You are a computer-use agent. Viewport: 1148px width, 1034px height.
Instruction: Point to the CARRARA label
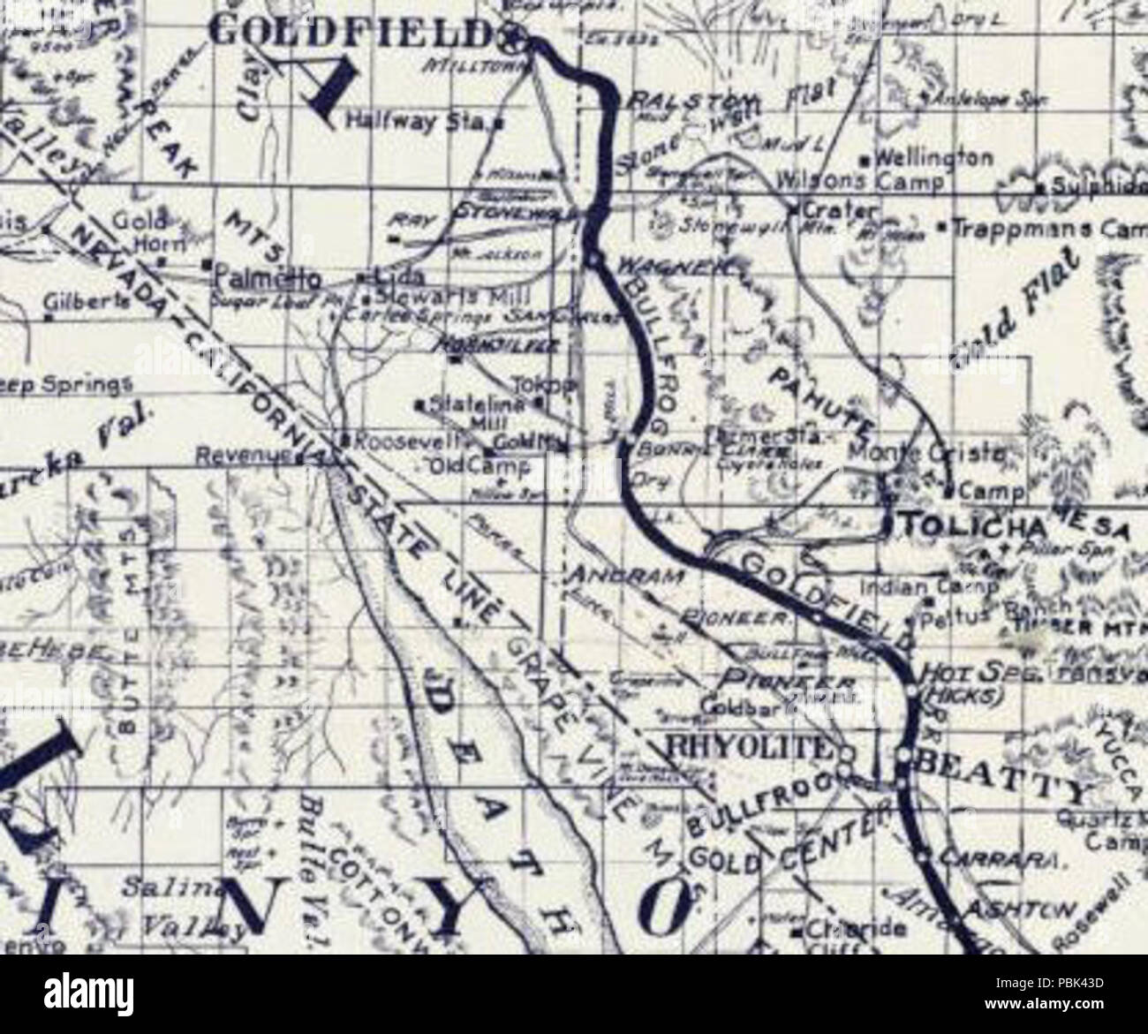click(989, 857)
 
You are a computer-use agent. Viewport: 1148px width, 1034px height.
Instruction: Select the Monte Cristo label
click(925, 454)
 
